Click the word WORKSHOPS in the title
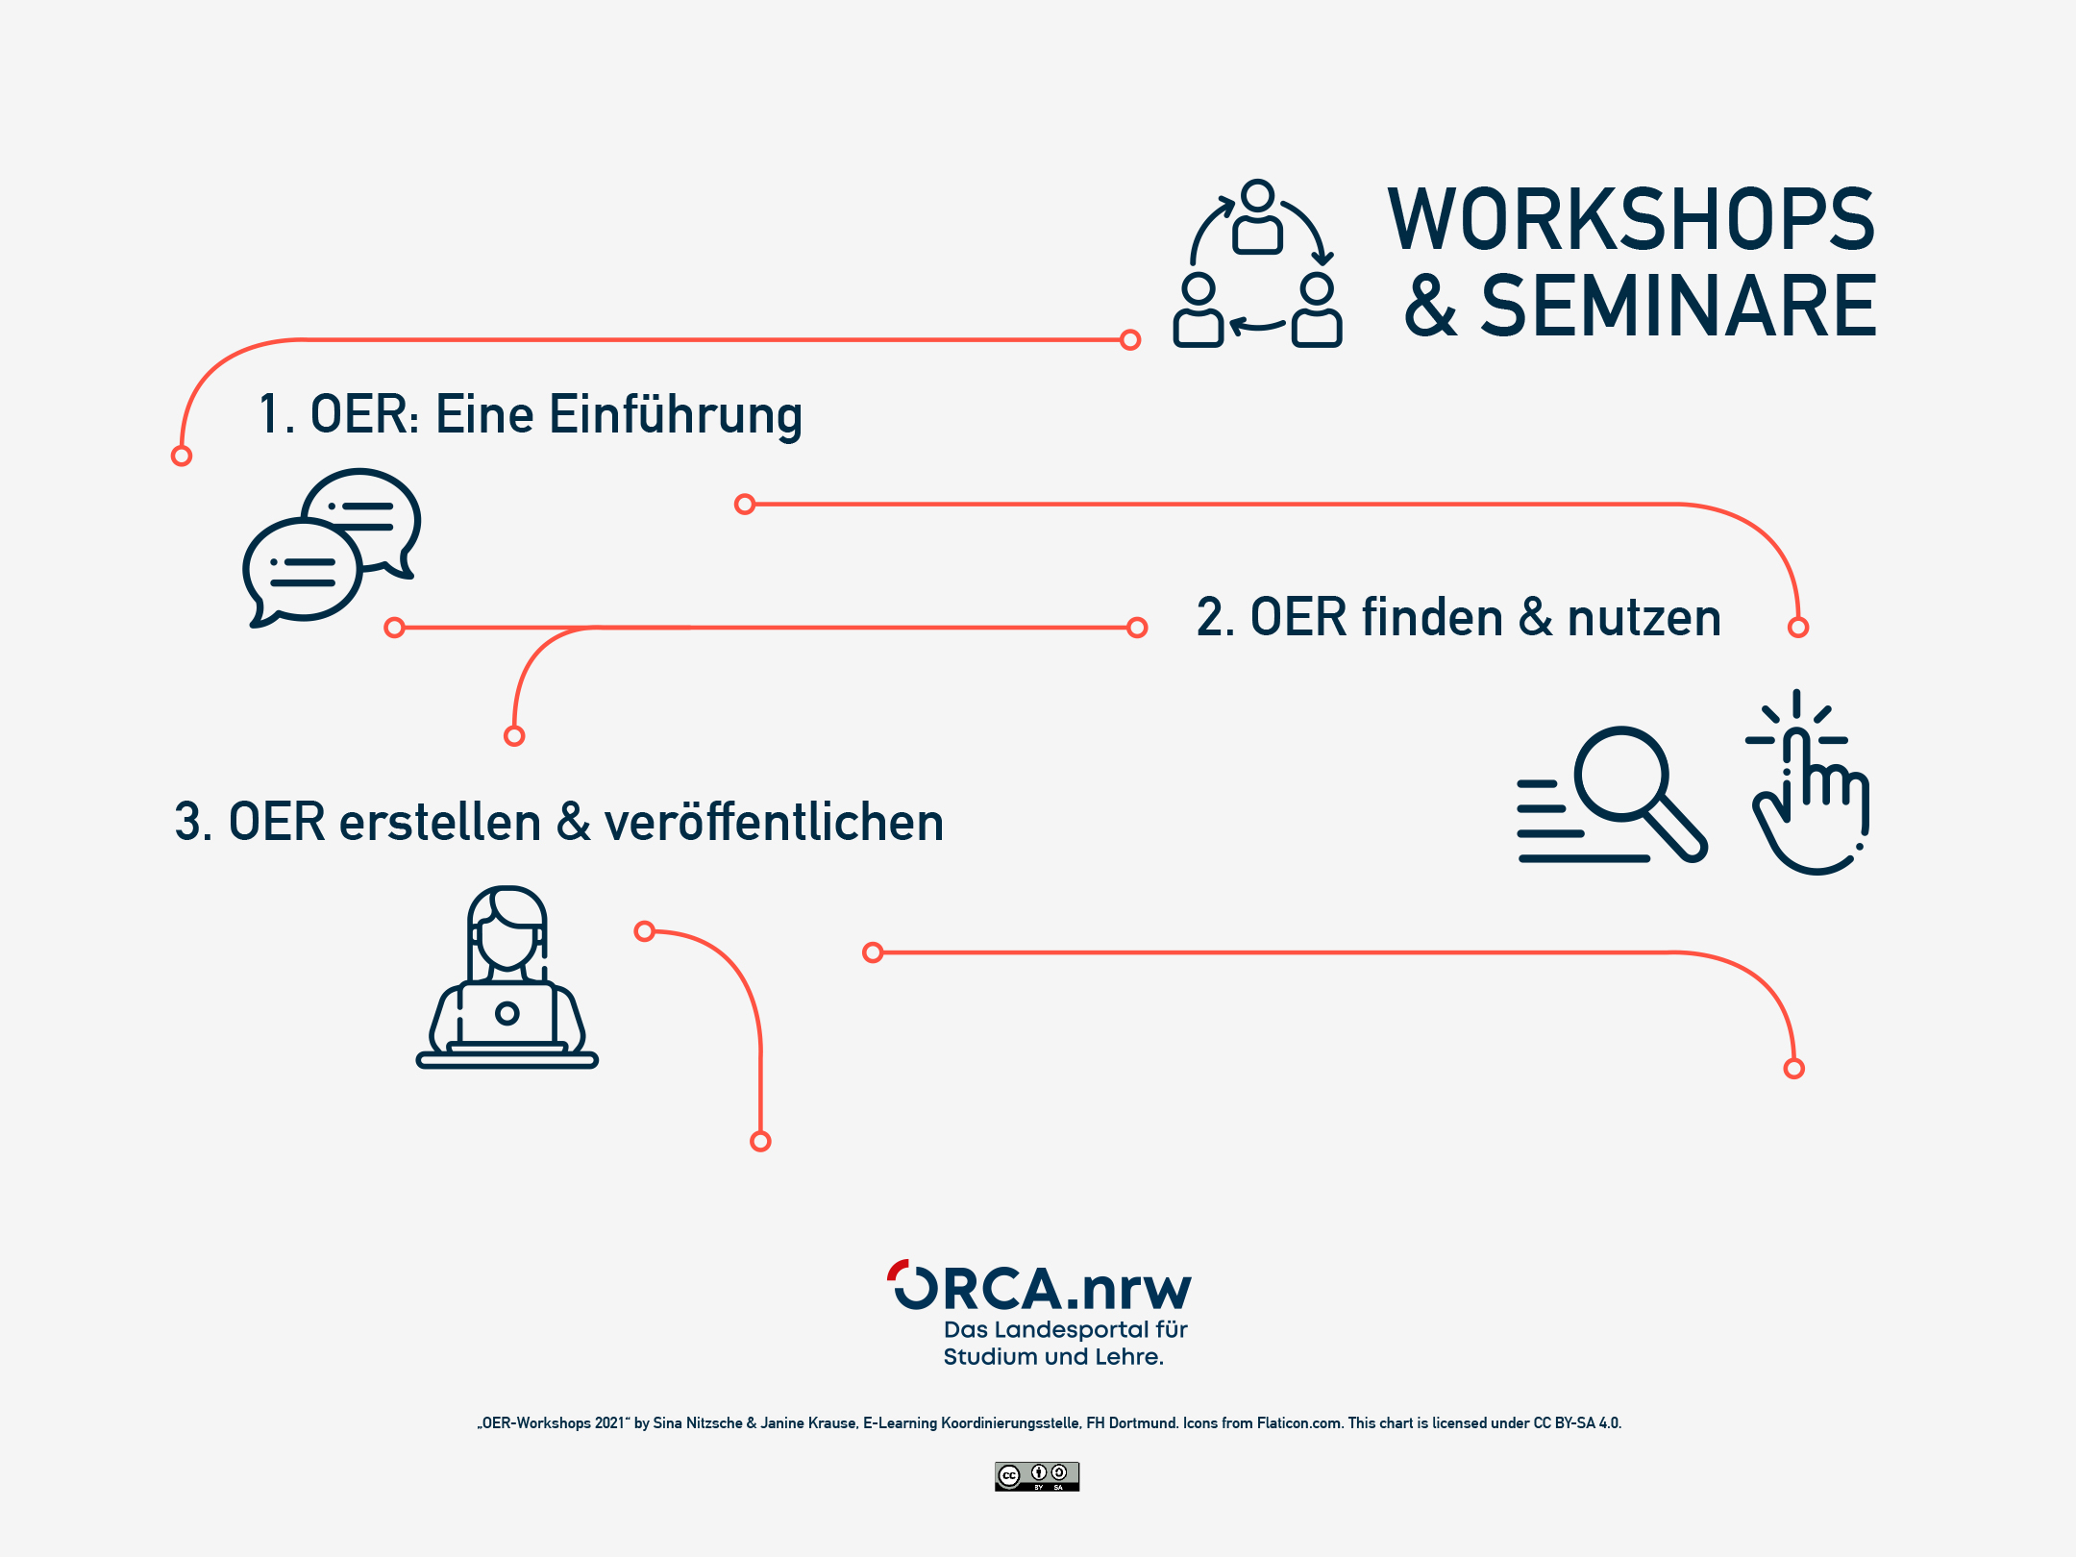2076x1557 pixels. (x=1631, y=220)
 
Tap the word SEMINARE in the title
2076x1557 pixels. (x=1678, y=307)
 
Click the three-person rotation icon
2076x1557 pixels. (x=1257, y=264)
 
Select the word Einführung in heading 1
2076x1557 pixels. (x=675, y=415)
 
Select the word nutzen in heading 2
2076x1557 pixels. (x=1643, y=617)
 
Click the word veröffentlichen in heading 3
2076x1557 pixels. (x=774, y=823)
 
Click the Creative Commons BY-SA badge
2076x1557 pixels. (x=1037, y=1476)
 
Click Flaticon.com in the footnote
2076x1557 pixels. (x=1299, y=1423)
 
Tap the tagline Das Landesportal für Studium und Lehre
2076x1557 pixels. (x=1065, y=1343)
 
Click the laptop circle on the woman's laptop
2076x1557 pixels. (x=507, y=1013)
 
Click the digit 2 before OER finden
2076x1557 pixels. (x=1209, y=617)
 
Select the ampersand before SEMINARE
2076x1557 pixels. (x=1430, y=307)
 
